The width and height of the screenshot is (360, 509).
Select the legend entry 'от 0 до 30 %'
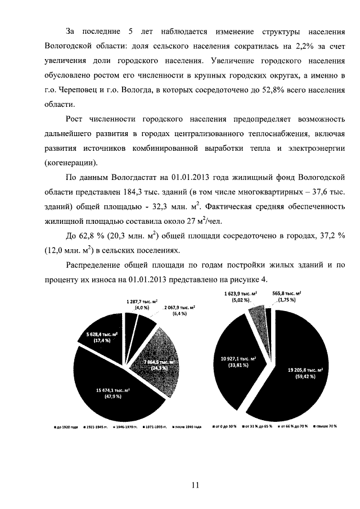pos(226,426)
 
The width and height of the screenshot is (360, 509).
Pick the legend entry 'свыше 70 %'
pos(325,426)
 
